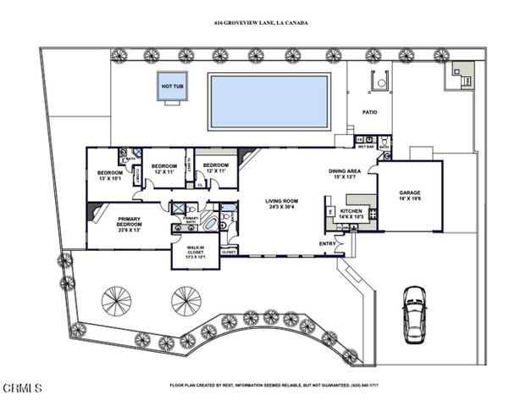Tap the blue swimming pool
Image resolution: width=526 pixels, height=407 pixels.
click(269, 101)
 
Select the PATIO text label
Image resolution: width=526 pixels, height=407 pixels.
click(370, 112)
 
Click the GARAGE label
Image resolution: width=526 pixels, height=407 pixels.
click(410, 192)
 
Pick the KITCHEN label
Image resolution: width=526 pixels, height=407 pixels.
click(352, 211)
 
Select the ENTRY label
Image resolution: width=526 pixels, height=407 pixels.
click(327, 244)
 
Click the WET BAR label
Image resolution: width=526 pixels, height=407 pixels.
click(366, 146)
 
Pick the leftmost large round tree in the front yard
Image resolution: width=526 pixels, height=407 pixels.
click(115, 300)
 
